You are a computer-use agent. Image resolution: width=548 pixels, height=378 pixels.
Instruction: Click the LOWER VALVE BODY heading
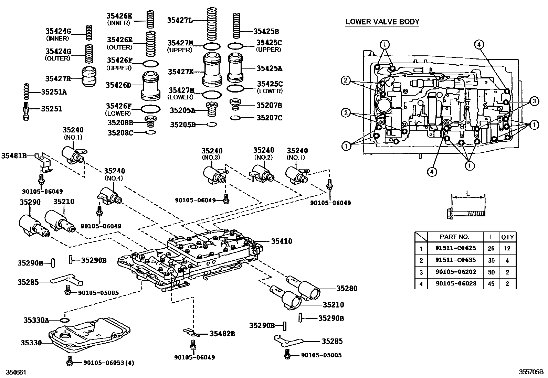[382, 22]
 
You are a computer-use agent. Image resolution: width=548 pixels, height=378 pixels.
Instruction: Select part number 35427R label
[58, 78]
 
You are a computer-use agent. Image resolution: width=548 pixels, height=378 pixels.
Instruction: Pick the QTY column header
[507, 237]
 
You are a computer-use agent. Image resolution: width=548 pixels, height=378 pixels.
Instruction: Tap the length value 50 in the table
[491, 272]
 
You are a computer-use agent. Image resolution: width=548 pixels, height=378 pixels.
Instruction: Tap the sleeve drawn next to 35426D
[150, 85]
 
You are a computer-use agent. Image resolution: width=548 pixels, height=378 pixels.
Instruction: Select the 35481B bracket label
[14, 155]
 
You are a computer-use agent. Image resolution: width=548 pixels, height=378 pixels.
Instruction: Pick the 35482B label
[222, 333]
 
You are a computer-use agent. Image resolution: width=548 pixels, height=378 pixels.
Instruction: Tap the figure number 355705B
[531, 372]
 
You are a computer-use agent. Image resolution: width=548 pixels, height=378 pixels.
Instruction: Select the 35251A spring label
[54, 92]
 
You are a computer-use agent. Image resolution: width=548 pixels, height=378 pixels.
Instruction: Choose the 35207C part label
[269, 118]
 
